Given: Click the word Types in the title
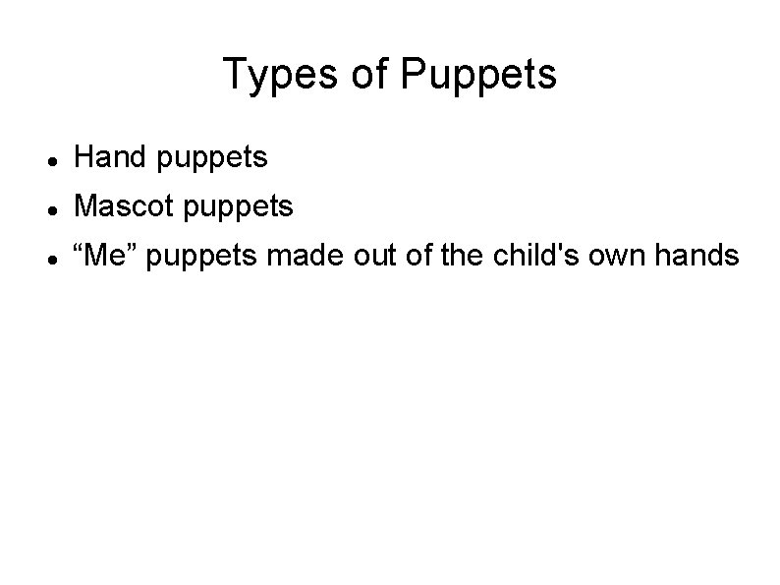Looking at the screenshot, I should pyautogui.click(x=281, y=75).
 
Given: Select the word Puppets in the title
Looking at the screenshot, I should pyautogui.click(x=479, y=75).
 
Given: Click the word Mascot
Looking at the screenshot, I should pyautogui.click(x=120, y=206).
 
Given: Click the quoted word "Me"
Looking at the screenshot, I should pyautogui.click(x=106, y=257).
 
